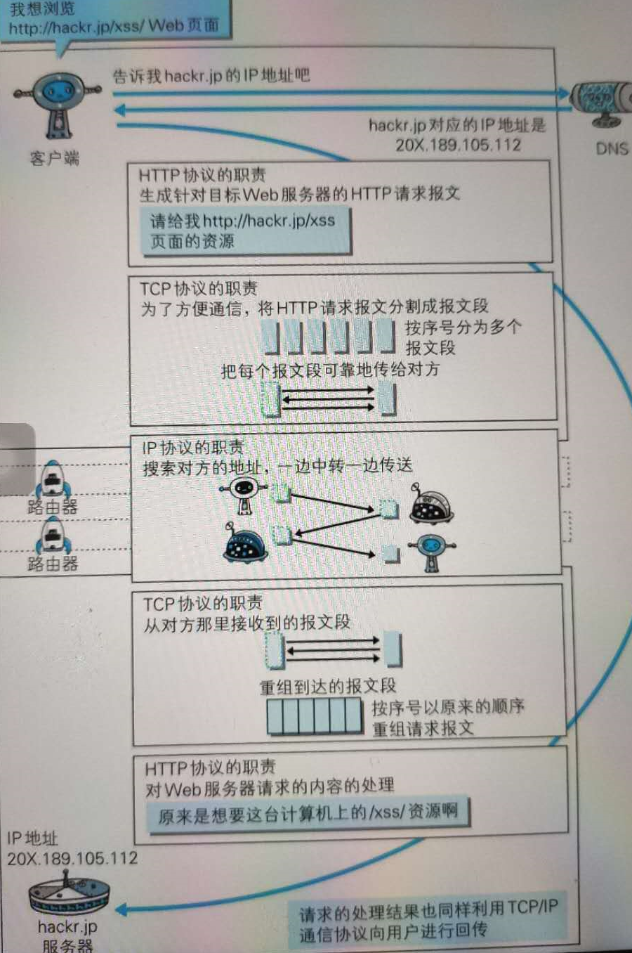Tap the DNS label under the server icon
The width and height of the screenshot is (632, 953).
point(612,148)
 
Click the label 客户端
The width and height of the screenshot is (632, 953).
point(54,158)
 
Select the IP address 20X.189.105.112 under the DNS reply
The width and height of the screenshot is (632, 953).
point(458,145)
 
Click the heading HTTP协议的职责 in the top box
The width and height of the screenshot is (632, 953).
point(202,175)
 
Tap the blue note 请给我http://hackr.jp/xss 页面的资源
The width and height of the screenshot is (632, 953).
point(246,231)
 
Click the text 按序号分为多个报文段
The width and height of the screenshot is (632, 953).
point(463,337)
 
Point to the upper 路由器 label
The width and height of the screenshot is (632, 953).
point(53,507)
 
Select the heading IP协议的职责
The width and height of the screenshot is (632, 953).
point(192,448)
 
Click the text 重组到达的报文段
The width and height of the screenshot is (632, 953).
point(328,686)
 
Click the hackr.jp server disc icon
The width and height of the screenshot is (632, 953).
point(69,893)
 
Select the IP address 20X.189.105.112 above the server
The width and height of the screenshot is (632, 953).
point(72,858)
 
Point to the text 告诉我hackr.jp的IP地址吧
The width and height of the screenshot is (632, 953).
point(211,76)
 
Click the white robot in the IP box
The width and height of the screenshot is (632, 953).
point(243,495)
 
